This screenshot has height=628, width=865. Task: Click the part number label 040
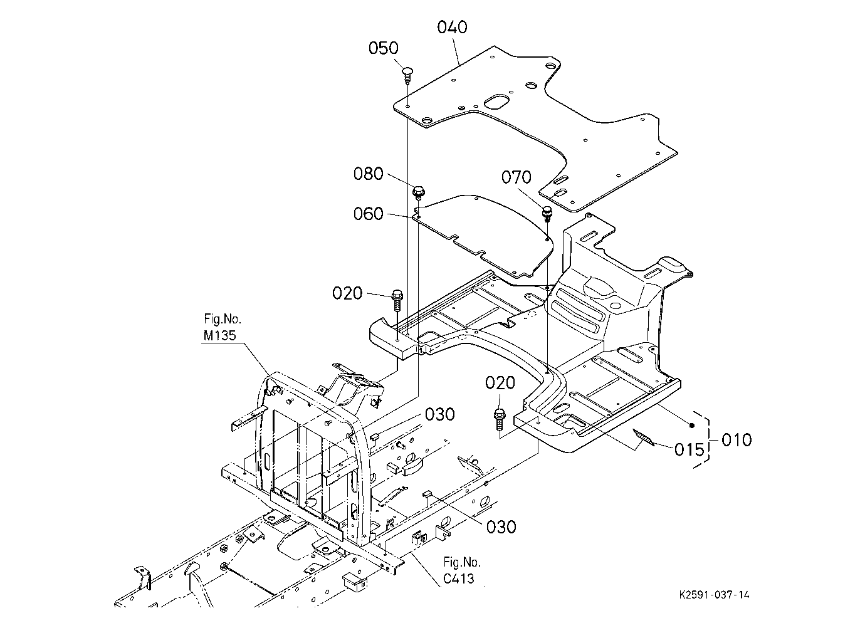click(452, 28)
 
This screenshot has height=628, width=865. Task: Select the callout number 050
click(383, 48)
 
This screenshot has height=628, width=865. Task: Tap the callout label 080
click(368, 174)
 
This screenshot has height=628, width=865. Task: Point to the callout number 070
click(516, 177)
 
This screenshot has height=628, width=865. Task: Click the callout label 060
click(368, 214)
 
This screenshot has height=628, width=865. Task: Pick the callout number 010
click(737, 440)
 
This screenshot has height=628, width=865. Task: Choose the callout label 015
click(689, 449)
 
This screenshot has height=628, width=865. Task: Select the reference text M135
click(219, 335)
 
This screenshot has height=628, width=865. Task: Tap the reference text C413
click(458, 578)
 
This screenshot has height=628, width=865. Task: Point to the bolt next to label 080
click(418, 193)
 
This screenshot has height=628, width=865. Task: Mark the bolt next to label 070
click(547, 214)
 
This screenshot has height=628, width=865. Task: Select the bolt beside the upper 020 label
click(397, 300)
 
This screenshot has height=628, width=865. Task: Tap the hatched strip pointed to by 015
click(643, 437)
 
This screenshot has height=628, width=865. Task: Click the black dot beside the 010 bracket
click(692, 425)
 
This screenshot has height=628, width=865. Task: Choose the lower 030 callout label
click(501, 527)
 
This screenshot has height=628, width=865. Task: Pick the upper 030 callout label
click(439, 414)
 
